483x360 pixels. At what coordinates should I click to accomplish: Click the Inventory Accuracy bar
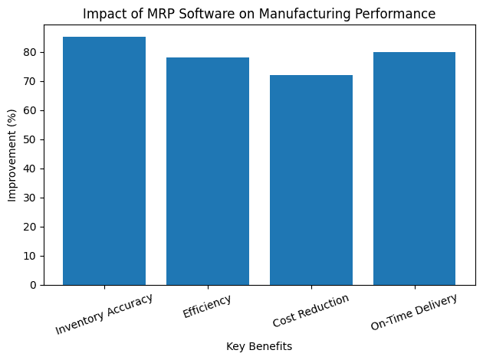[104, 161]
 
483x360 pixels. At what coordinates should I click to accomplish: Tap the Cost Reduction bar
[311, 180]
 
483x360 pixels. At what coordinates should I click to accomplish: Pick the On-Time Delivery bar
[415, 169]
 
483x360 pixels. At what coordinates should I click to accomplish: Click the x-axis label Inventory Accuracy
[103, 314]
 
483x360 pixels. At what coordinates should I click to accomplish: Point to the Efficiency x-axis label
[207, 306]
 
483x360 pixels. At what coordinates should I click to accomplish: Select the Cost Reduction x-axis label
[310, 311]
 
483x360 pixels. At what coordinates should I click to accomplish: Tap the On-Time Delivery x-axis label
[414, 313]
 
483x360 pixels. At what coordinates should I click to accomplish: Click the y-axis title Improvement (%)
[11, 159]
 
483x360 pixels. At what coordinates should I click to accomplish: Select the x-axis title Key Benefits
[259, 346]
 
